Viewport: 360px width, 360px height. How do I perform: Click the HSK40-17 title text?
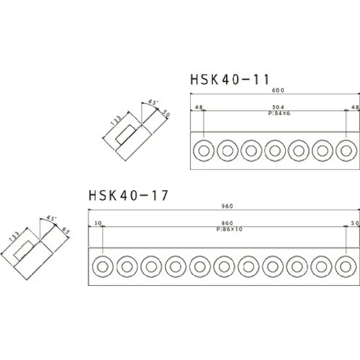click(128, 194)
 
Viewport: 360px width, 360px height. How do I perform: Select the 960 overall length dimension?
click(225, 207)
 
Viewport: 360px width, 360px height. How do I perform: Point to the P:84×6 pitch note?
click(279, 114)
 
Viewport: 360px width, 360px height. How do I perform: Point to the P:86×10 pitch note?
click(228, 229)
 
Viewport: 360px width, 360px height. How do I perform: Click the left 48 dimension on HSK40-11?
click(198, 108)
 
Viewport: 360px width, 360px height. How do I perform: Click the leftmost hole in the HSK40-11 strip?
click(203, 150)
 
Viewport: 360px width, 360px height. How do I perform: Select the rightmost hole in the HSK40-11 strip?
click(346, 150)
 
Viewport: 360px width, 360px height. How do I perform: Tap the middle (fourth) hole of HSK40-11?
click(275, 150)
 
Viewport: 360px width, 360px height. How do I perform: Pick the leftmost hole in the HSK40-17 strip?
click(103, 266)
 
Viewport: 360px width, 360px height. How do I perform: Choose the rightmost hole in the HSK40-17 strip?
click(346, 266)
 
